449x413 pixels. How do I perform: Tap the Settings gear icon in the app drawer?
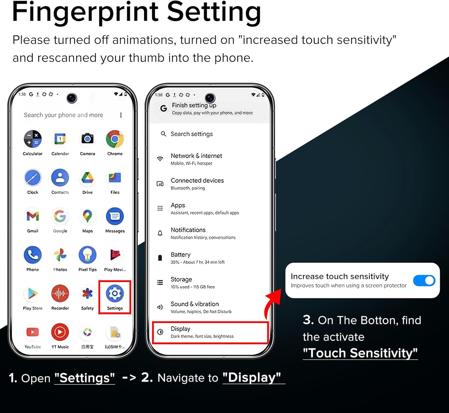pos(115,294)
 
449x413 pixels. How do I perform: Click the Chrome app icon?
pos(115,139)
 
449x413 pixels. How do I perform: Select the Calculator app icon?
pos(33,139)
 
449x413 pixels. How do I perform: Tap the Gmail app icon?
pos(33,216)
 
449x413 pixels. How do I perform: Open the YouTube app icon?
pos(33,332)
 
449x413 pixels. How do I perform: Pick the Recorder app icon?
pos(60,294)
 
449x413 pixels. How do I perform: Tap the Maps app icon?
pos(87,216)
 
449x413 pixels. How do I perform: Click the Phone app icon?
pos(33,255)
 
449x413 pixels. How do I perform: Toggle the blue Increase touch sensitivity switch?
pos(424,281)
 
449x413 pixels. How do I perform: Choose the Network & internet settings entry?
pos(196,159)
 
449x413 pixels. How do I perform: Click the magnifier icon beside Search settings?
pos(163,134)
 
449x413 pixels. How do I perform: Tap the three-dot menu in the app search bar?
pos(121,115)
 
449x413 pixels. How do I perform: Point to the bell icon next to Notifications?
pos(160,233)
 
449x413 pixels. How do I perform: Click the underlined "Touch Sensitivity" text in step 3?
pos(360,353)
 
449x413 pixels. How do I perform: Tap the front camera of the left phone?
pos(72,98)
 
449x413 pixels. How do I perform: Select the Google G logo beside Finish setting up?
pos(163,108)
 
